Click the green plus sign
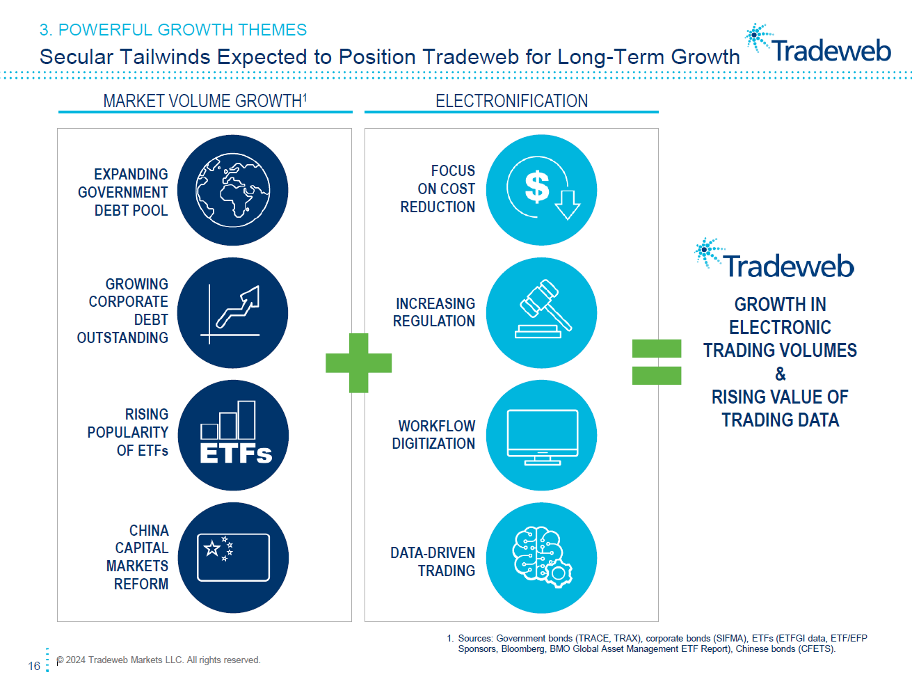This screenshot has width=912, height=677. click(358, 363)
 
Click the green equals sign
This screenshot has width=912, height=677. click(656, 362)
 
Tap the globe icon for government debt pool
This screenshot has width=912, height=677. click(232, 190)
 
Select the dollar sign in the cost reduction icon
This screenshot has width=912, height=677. click(536, 187)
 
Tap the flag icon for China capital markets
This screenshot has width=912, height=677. click(233, 557)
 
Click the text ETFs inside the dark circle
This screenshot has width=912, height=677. click(235, 454)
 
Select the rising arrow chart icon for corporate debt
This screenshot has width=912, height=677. click(234, 314)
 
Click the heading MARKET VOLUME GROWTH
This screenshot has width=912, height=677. click(203, 101)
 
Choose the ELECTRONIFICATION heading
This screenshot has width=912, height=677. click(511, 101)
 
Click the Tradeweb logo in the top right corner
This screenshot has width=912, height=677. click(819, 46)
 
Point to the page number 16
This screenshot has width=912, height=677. click(34, 666)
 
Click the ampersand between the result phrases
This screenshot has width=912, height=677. click(780, 374)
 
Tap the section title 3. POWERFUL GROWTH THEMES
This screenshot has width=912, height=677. click(173, 30)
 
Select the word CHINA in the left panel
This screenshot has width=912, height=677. click(149, 530)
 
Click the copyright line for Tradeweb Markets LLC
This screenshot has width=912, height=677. click(159, 660)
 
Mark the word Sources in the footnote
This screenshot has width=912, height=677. click(475, 638)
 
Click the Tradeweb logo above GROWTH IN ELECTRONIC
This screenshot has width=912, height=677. click(775, 260)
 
